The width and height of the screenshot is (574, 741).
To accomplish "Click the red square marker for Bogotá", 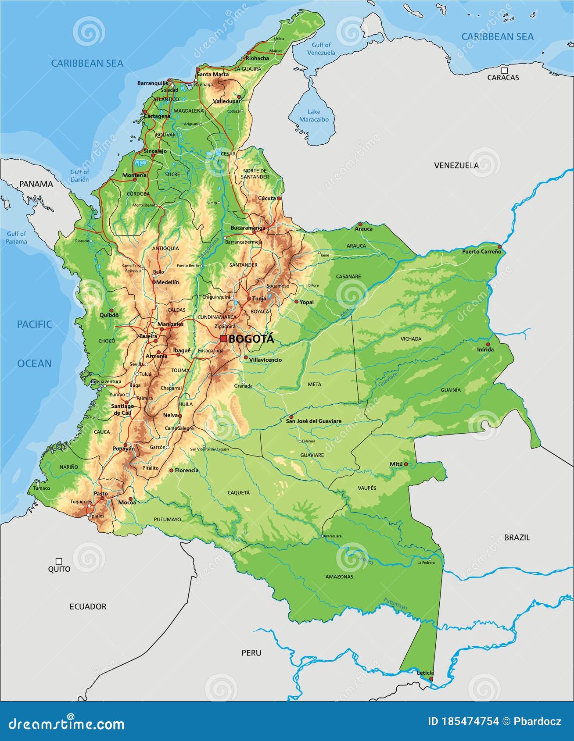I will pos(223,338).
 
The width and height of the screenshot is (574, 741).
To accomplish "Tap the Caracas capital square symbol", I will pos(505,70).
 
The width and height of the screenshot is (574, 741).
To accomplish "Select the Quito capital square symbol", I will pos(59,561).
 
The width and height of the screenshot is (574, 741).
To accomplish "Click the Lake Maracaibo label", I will pos(314,116).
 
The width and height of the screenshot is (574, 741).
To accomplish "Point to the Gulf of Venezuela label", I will pos(321,49).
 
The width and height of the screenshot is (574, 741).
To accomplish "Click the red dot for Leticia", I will pos(431,679).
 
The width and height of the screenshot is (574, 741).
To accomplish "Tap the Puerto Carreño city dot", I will pos(499,247).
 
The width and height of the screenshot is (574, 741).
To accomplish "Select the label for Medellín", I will pos(167,282).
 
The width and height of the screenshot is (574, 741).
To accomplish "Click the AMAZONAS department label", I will pos(339,577).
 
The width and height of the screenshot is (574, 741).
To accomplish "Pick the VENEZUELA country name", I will pos(456,165).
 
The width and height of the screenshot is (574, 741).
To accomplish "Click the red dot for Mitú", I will pos(406,464).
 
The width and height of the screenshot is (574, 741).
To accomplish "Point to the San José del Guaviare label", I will pos(313,421).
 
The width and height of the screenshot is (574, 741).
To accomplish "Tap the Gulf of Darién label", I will pos(79,176).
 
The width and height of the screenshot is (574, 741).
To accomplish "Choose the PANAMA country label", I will pos(36,184).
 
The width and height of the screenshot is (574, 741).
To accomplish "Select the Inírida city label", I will pos(485,349).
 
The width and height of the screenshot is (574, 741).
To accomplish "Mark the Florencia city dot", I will pos(171,470).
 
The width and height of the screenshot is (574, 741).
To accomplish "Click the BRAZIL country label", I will pos(517,537).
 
